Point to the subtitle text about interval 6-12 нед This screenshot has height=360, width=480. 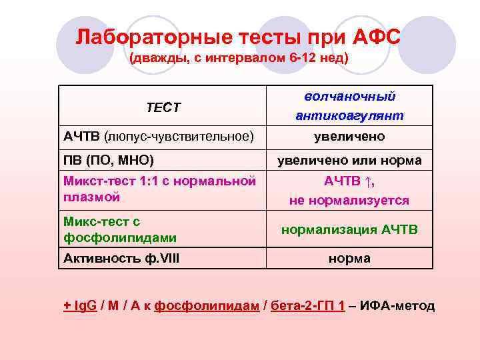238,58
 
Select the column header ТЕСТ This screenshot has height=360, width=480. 163,107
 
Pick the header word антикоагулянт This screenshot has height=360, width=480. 349,116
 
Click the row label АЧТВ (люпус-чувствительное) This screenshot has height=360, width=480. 159,137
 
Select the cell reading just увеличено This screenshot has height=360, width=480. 349,137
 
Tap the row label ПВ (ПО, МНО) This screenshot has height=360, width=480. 109,160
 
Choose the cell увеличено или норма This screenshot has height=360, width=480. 349,161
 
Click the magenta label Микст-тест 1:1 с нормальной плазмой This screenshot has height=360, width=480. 159,189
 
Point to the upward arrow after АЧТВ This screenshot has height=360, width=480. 369,181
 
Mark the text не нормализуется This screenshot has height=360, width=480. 349,200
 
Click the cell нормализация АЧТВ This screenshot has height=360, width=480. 349,230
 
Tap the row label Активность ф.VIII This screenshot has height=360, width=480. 121,258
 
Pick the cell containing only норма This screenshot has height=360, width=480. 349,259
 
